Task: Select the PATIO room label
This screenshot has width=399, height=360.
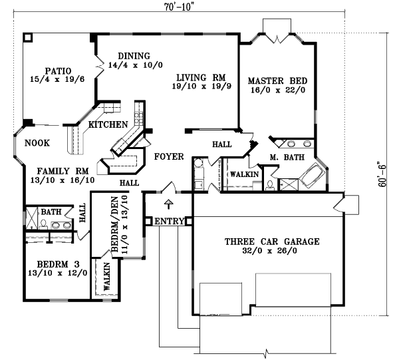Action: coord(58,70)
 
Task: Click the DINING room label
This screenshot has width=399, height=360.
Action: coord(134,56)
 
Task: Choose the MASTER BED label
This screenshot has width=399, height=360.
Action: coord(277,81)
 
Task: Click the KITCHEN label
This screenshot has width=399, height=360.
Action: coord(108,124)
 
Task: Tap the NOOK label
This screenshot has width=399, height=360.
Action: coord(37,142)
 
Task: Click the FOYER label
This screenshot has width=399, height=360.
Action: coord(168,157)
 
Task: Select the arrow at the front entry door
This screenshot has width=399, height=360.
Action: coord(168,203)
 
